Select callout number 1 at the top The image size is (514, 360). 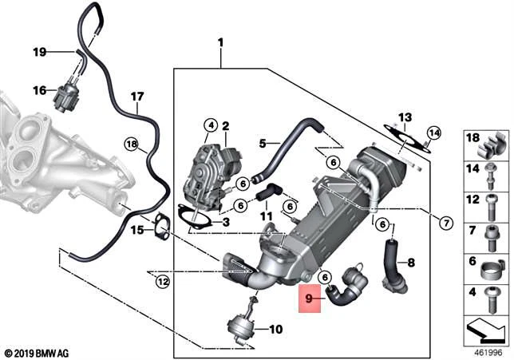(x=221, y=42)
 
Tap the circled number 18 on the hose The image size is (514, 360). (x=132, y=144)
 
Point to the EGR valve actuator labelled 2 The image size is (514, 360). (x=209, y=165)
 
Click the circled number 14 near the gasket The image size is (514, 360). (x=433, y=133)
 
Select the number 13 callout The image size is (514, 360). (x=405, y=117)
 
